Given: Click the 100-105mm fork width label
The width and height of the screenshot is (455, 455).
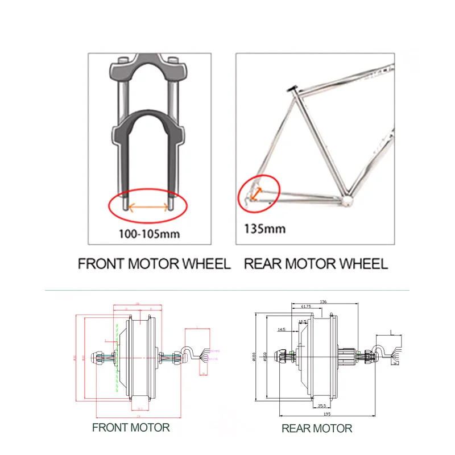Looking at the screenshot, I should (x=148, y=233).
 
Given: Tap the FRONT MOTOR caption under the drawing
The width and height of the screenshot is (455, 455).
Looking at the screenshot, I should (x=131, y=427).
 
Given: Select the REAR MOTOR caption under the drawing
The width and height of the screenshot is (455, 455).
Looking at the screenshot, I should (x=317, y=428).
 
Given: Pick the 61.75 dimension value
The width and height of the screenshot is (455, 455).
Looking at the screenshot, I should (x=305, y=307).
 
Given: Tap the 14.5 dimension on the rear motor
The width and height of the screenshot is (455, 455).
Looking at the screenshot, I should (x=281, y=329).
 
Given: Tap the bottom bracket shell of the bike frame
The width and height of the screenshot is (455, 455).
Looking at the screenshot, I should (x=346, y=200).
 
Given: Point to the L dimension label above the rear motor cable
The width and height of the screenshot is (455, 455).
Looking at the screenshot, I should (x=391, y=332).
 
